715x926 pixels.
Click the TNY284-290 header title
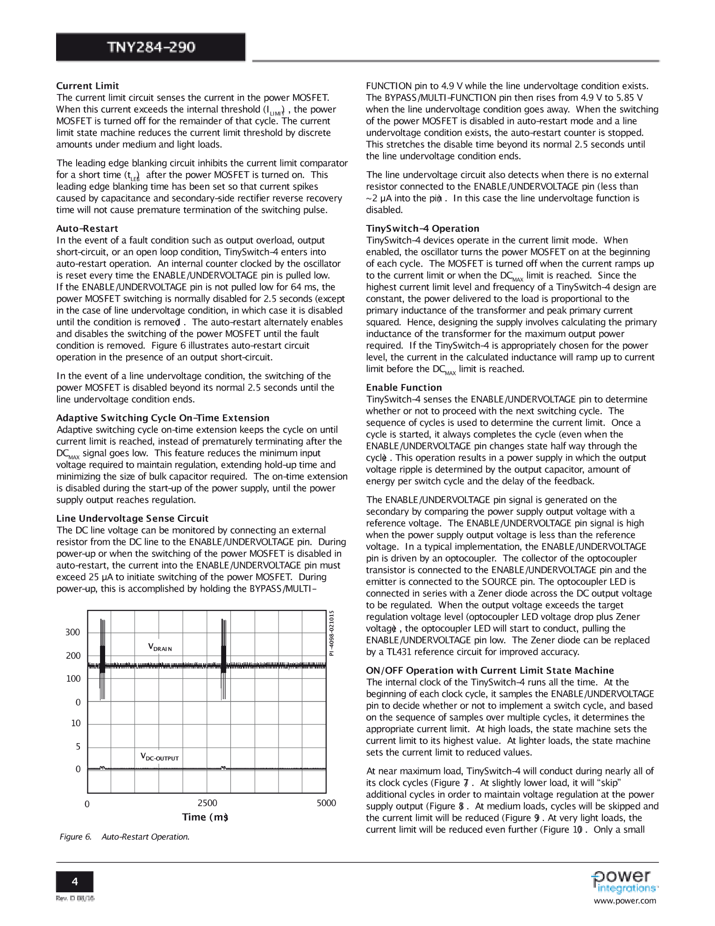tap(150, 47)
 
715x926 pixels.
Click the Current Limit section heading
tap(87, 86)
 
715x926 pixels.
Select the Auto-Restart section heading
tap(87, 228)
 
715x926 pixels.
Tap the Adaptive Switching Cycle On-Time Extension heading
tap(163, 418)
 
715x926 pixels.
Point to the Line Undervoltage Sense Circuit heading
tap(132, 518)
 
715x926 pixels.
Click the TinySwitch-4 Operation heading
tap(422, 228)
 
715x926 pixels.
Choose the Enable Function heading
tap(404, 387)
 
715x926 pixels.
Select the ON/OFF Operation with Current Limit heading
tap(490, 670)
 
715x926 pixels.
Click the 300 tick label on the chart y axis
tap(73, 632)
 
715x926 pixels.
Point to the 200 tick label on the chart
tap(73, 656)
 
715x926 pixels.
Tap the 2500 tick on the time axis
tap(207, 803)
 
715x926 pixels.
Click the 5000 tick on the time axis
tap(326, 803)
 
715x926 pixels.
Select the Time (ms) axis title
tap(205, 817)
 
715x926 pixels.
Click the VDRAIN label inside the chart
tap(160, 647)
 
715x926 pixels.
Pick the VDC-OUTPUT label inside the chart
tap(159, 756)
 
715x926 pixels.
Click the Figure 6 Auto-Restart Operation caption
tap(124, 837)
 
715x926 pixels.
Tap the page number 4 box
tap(75, 882)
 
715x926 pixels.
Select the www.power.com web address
tap(625, 901)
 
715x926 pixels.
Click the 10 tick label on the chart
tap(76, 723)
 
